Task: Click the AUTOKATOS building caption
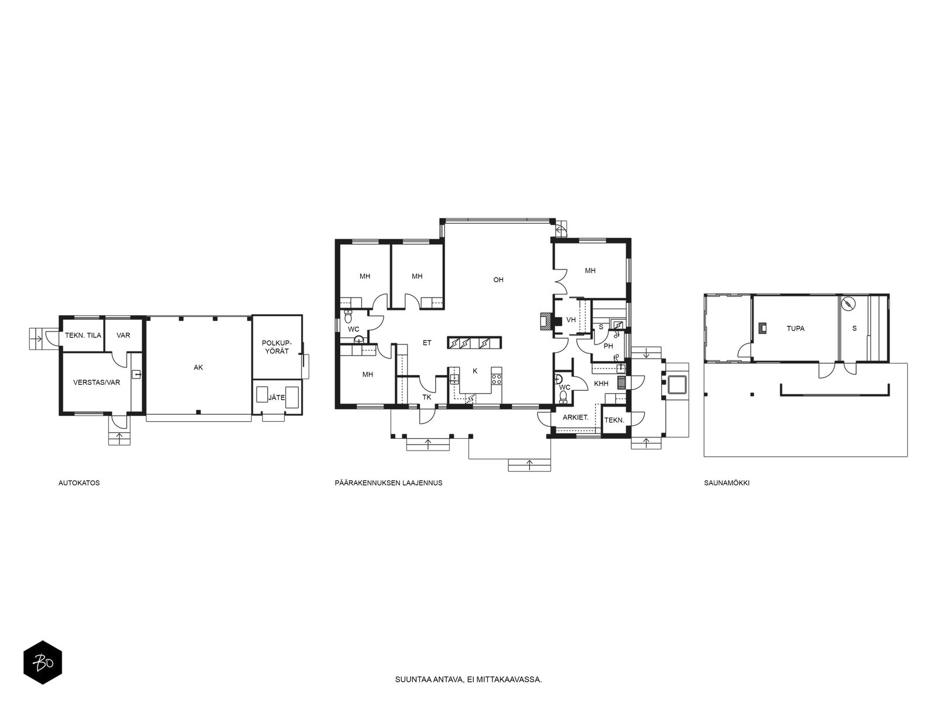pos(79,483)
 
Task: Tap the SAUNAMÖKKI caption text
pos(727,483)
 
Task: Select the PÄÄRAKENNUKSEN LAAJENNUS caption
pos(388,483)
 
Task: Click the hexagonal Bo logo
pos(43,663)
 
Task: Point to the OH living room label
pos(498,280)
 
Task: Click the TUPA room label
pos(796,329)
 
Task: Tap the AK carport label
pos(199,367)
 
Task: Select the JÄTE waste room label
pos(276,398)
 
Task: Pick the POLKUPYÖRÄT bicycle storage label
pos(276,347)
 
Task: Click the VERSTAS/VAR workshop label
pos(97,383)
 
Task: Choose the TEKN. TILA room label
pos(83,336)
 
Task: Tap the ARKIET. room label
pos(576,418)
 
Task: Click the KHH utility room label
pos(601,384)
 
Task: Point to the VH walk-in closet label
pos(571,320)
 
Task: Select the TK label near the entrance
pos(427,397)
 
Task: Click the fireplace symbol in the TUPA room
pos(762,328)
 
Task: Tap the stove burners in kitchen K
pos(496,378)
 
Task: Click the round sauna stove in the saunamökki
pos(849,304)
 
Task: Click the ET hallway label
pos(427,343)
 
